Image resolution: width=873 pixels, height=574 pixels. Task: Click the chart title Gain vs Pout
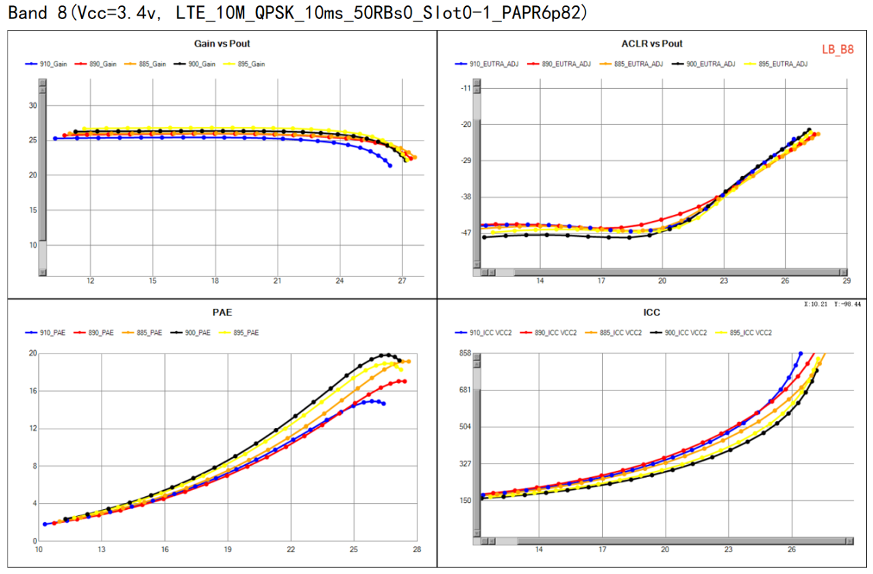(222, 44)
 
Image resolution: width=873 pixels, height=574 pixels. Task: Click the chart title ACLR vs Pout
(652, 44)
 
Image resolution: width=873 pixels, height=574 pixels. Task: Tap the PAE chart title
(222, 313)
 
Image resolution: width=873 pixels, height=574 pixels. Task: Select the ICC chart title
(651, 313)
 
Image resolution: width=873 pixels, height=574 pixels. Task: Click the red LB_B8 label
(838, 50)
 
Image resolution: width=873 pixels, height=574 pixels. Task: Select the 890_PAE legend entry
(101, 333)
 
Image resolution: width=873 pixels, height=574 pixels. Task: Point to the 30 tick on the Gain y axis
(33, 106)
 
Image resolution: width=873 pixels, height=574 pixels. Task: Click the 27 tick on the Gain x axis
(402, 281)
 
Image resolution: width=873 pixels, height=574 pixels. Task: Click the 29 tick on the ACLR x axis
(846, 281)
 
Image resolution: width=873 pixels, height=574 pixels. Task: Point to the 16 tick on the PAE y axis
(32, 391)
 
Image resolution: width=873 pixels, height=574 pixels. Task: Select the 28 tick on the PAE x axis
(416, 549)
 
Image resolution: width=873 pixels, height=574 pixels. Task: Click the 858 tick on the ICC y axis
(465, 354)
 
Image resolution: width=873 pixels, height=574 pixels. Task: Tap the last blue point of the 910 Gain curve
(389, 166)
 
